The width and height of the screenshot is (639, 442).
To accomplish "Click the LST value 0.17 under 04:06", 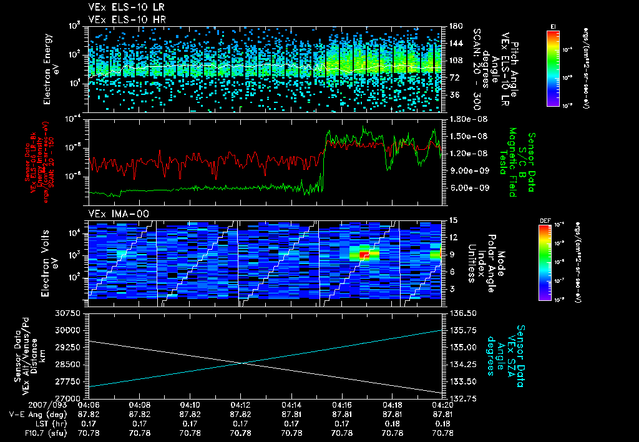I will [x=89, y=423].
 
